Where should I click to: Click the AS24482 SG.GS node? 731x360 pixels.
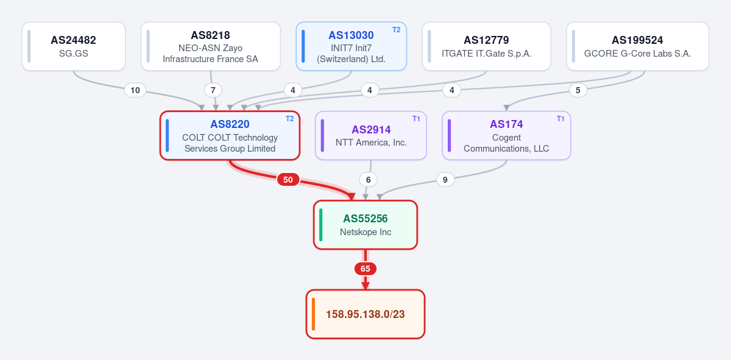pos(74,46)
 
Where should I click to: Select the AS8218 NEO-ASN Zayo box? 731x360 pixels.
pos(211,46)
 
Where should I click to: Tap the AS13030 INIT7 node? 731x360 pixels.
pos(351,46)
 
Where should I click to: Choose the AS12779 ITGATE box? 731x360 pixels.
pos(487,46)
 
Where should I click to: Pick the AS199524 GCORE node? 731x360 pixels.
pos(638,46)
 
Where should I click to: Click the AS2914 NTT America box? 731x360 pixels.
pos(371,135)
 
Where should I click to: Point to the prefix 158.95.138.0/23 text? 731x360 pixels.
pos(365,314)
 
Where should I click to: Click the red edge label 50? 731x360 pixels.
pos(288,180)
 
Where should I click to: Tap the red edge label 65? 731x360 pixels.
pos(365,269)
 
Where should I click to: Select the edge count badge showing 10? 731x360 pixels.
pos(135,90)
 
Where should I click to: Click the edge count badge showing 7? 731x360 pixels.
pos(213,90)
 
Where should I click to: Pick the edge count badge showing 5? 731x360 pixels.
pos(578,90)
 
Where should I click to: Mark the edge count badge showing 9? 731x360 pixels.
pos(445,180)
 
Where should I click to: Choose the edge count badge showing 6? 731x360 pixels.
pos(368,180)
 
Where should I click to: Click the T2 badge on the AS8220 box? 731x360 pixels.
pos(290,119)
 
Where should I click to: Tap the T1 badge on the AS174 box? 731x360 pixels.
pos(560,119)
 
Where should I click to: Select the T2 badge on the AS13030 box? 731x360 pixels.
pos(396,30)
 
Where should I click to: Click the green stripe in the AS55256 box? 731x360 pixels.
pos(321,225)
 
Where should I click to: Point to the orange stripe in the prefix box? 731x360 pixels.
pos(313,314)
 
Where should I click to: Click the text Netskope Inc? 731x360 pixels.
pos(365,232)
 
